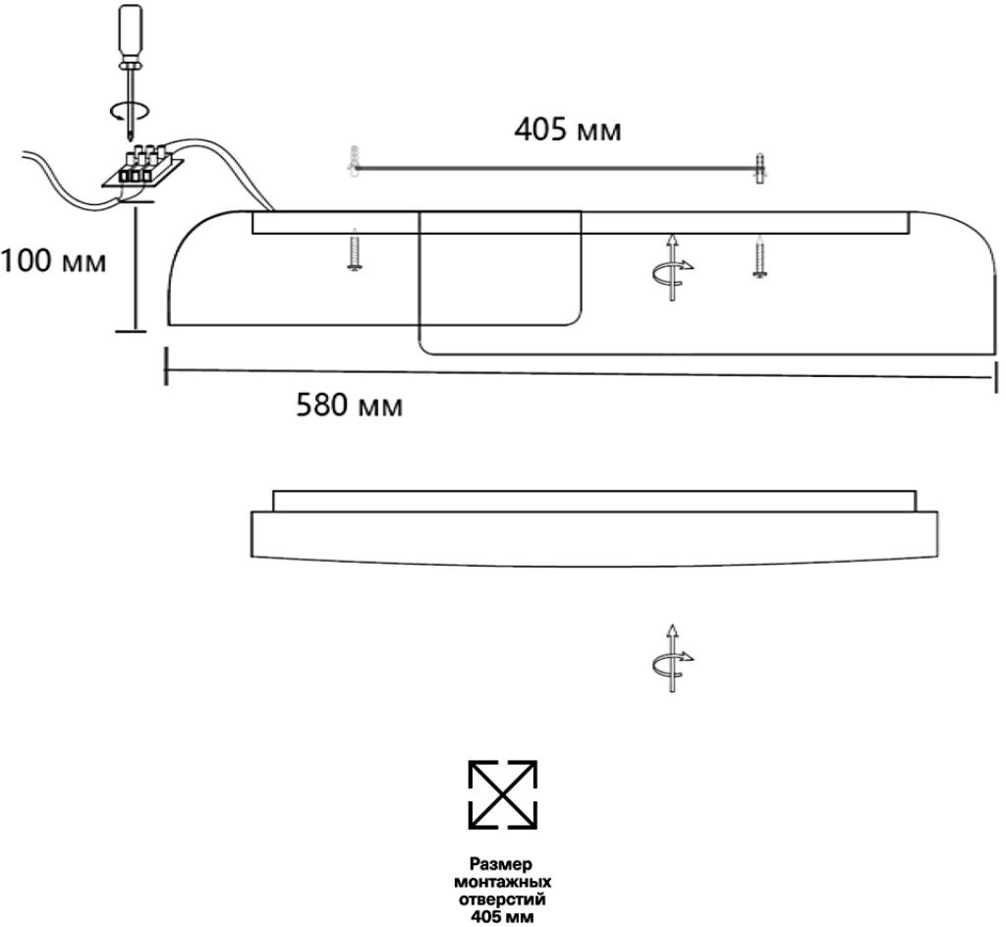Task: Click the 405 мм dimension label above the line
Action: point(568,130)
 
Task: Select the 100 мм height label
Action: point(53,262)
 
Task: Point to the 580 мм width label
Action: point(350,406)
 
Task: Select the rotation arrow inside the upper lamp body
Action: point(673,266)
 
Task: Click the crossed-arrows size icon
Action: point(502,793)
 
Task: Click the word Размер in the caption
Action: point(501,864)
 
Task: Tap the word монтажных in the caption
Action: point(501,882)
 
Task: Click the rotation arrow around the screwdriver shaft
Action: point(130,110)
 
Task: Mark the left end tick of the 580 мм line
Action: point(165,365)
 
